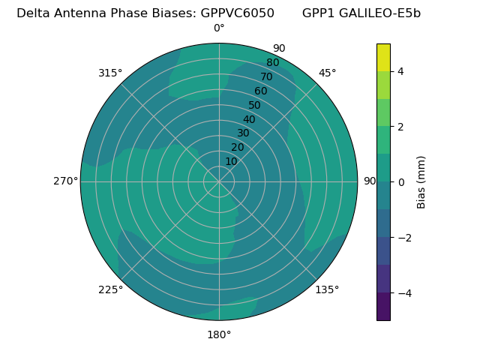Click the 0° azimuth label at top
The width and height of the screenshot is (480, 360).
[219, 28]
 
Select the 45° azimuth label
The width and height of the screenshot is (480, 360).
[327, 73]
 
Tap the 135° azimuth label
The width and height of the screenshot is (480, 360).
[327, 289]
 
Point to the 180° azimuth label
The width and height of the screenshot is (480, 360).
[219, 334]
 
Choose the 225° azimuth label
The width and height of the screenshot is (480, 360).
[110, 289]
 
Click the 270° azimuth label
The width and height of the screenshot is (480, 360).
[66, 181]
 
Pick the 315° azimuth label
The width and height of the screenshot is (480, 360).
[110, 73]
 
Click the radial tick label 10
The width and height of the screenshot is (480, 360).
[231, 161]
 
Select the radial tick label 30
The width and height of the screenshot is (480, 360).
[243, 133]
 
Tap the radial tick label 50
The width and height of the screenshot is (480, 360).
[255, 106]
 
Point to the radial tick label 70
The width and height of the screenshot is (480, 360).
[266, 77]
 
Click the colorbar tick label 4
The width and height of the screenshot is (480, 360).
[400, 71]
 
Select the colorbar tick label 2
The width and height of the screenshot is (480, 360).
[400, 127]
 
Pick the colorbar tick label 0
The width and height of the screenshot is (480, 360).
[400, 181]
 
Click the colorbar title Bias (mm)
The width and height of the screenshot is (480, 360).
[421, 181]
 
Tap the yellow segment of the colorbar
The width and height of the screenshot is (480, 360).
[383, 57]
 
